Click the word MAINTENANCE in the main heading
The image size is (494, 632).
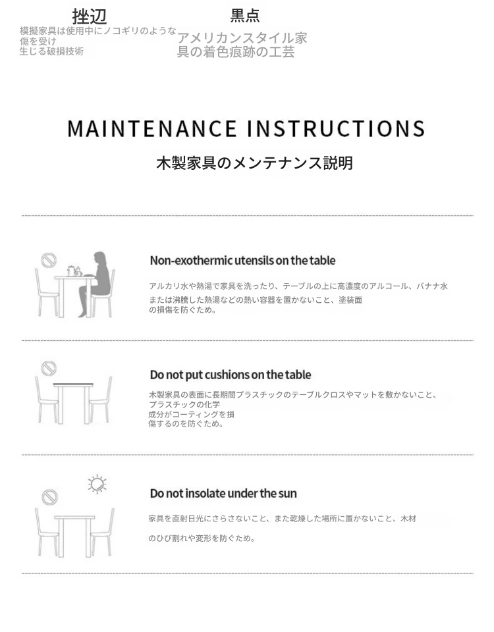coord(152,128)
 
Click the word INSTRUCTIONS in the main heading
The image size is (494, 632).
coord(335,128)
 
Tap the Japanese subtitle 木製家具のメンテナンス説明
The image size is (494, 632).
coord(255,163)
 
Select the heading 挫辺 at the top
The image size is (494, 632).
coord(90,16)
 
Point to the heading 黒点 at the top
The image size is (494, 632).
coord(245,16)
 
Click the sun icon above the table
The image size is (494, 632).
coord(97,484)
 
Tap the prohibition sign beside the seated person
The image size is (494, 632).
coord(48,260)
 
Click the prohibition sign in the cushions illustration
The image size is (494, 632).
coord(49,368)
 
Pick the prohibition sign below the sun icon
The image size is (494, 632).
coord(49,496)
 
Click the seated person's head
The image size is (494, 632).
coord(100,258)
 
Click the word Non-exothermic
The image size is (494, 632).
coord(191,261)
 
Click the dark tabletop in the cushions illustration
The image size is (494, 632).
coord(73,384)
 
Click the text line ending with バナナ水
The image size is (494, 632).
coord(298,286)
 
